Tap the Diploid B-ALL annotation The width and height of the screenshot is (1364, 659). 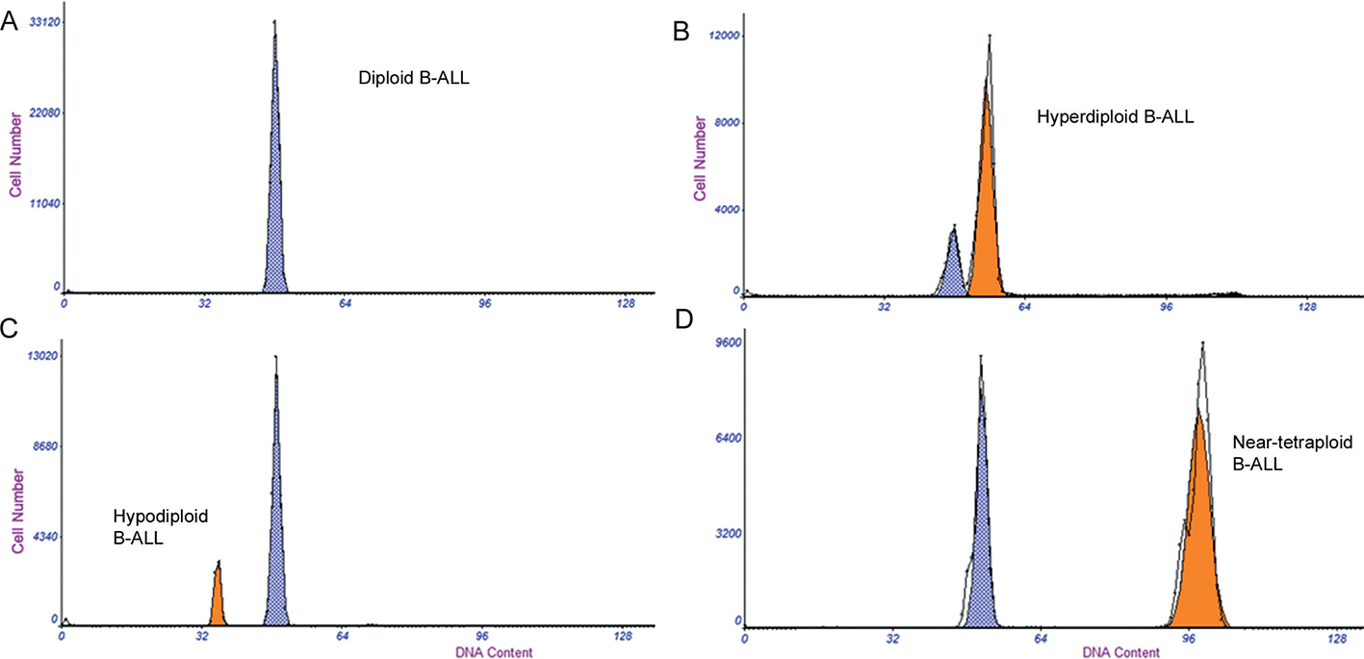tap(414, 81)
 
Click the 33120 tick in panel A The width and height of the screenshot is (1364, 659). tap(46, 20)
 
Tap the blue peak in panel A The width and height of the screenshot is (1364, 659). tap(275, 192)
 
